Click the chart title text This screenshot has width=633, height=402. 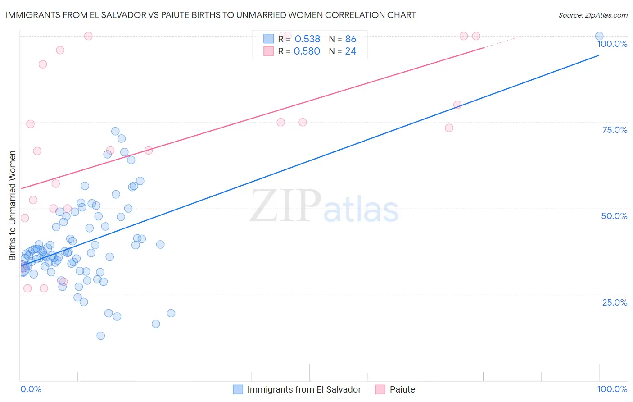coord(211,15)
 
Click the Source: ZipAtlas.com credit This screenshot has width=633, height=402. coord(592,15)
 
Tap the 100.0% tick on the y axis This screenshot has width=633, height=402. coord(612,44)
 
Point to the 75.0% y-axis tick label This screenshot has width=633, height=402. coord(615,130)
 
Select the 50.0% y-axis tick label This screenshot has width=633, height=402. coord(614,216)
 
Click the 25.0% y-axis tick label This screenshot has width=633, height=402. coord(615,302)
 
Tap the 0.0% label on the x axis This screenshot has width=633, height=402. coord(31,389)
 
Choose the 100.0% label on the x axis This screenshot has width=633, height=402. coord(612,389)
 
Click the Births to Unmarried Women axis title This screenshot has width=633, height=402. coord(12,206)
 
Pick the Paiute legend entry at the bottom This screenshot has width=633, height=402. coord(402,389)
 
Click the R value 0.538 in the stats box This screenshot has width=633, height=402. coord(307,39)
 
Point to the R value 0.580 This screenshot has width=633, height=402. coord(307,51)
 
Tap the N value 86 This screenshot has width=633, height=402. coord(351,39)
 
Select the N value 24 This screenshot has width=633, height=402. coord(351,51)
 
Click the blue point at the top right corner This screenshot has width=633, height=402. coord(599,36)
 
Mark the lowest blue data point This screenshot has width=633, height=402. coord(101,336)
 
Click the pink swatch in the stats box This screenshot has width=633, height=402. coord(268,51)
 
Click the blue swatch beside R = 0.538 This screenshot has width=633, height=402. coord(268,39)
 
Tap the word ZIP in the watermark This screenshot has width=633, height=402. coord(285,206)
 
